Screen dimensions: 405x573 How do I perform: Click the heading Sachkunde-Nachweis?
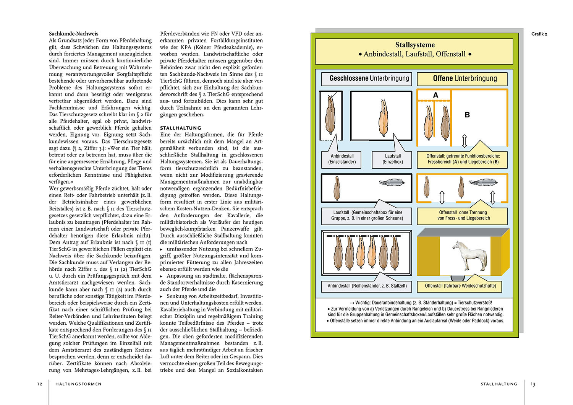73,34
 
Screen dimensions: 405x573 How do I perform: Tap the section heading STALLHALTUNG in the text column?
181,128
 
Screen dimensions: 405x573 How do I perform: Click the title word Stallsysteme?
415,45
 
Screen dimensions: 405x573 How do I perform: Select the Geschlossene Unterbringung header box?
367,79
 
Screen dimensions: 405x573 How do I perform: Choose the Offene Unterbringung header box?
463,79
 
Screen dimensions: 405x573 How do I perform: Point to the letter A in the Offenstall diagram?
435,95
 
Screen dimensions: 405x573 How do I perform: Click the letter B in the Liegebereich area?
467,115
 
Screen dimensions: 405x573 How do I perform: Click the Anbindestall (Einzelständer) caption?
342,159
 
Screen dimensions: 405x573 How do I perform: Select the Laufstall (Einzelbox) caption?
393,159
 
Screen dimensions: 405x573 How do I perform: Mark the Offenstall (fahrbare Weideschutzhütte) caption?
460,286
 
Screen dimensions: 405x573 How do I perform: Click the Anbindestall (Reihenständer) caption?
367,286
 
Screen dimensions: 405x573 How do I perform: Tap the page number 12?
40,384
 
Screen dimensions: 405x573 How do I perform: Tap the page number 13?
533,384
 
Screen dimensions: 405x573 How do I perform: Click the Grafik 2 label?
539,34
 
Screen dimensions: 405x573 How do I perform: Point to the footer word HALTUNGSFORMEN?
78,384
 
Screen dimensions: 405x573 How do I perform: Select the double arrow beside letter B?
465,141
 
